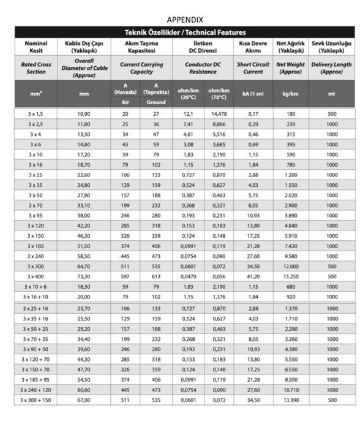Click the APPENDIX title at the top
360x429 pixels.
[x=184, y=20]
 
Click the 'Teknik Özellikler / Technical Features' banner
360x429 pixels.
[x=184, y=32]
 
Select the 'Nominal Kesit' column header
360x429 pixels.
[x=36, y=47]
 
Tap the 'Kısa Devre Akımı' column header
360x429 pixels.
[x=253, y=47]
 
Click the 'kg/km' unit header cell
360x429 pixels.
[x=290, y=94]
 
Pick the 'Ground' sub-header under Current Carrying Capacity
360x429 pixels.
[x=156, y=102]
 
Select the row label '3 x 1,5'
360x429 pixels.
[x=36, y=114]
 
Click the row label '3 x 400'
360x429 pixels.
[x=36, y=276]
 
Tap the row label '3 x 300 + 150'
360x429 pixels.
[x=36, y=400]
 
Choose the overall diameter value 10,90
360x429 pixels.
[x=84, y=114]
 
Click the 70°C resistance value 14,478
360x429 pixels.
[x=219, y=114]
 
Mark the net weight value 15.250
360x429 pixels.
[x=290, y=276]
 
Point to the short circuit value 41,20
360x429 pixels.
[x=253, y=276]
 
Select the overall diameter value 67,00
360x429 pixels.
[x=84, y=400]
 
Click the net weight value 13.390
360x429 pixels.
[x=290, y=400]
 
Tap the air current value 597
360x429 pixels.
[x=126, y=276]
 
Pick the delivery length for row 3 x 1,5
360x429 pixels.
[x=332, y=114]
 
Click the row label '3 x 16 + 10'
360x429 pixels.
[x=36, y=297]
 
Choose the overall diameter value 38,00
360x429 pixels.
[x=84, y=216]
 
